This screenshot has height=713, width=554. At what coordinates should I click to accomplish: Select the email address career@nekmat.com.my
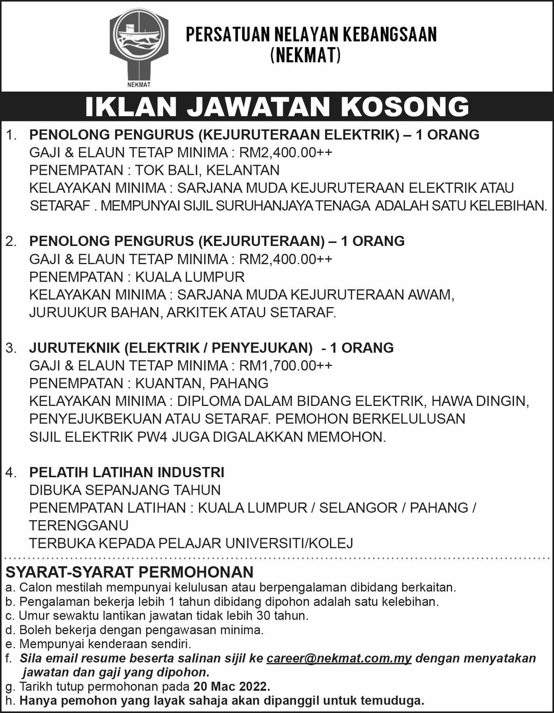(339, 659)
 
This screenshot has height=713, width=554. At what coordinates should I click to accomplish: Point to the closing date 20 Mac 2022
(231, 686)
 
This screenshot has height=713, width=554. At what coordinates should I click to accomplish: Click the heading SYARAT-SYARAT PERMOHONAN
(129, 572)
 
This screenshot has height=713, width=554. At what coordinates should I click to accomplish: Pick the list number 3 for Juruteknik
(11, 348)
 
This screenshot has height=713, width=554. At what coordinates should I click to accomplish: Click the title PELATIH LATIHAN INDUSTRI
(127, 472)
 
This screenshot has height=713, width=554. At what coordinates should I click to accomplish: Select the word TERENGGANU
(78, 525)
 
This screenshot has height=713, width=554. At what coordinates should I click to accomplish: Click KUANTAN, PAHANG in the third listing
(202, 383)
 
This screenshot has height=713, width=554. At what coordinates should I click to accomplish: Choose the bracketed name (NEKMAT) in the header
(306, 55)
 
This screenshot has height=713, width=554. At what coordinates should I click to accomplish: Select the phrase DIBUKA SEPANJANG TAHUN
(125, 490)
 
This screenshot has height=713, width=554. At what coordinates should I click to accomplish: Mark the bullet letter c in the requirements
(9, 616)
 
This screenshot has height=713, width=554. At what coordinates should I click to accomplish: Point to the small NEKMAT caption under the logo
(138, 85)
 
